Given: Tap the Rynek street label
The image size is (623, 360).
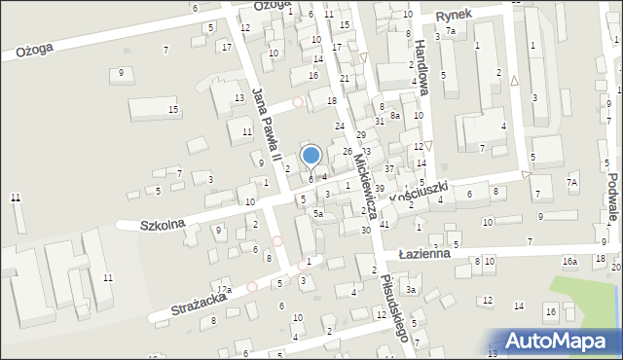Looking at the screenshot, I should (x=454, y=16).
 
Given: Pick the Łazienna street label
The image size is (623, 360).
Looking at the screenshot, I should (x=423, y=253).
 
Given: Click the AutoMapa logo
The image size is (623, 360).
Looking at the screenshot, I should (x=563, y=341).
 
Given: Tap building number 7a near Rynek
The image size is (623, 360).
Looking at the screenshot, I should (x=451, y=32).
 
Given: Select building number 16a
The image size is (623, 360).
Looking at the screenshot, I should (x=569, y=262).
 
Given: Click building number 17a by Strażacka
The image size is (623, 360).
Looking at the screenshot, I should (x=224, y=290).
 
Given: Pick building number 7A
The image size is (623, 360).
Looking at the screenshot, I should (x=572, y=182).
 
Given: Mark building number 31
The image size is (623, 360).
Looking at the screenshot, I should (x=380, y=121).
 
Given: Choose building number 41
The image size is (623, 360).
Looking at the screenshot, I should (x=385, y=224).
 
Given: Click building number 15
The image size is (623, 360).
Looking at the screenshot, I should (x=173, y=109).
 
